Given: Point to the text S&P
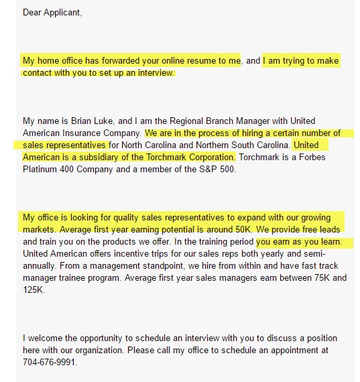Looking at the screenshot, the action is click(x=213, y=169).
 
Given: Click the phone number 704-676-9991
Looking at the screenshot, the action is click(x=49, y=362).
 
